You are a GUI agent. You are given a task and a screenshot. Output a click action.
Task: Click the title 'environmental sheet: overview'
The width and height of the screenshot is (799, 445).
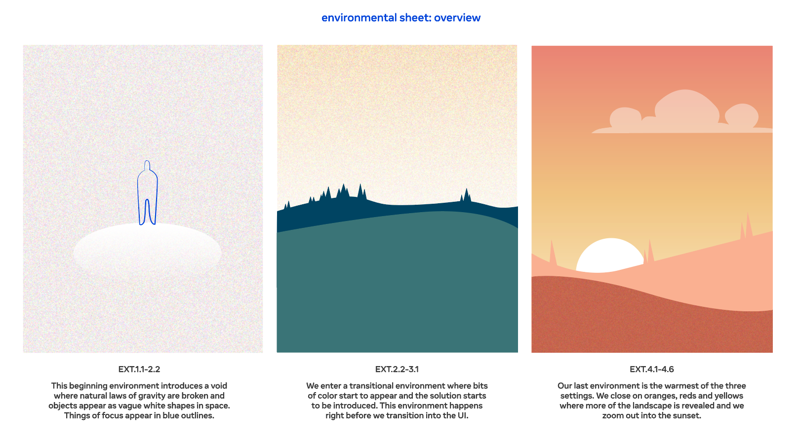click(x=401, y=18)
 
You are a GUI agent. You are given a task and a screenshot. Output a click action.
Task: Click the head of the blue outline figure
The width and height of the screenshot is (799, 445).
click(x=147, y=165)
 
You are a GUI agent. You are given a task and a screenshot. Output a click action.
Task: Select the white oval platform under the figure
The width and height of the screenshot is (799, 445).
click(x=147, y=250)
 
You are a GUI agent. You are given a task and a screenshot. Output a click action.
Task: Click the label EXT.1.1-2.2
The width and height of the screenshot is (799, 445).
click(x=139, y=369)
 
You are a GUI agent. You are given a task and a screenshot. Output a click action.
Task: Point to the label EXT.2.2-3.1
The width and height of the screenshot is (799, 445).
click(x=397, y=369)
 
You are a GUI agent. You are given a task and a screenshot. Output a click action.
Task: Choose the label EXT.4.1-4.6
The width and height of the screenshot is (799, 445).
click(x=652, y=369)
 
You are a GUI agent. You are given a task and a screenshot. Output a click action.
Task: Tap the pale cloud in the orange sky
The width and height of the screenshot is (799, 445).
click(x=683, y=114)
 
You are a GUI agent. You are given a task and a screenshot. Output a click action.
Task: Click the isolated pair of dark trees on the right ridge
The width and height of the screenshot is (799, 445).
click(x=465, y=195)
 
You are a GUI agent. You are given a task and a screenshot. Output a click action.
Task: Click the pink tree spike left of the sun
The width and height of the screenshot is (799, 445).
click(x=553, y=253)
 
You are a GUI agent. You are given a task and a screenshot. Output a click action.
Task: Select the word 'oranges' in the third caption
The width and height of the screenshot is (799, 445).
click(x=635, y=396)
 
